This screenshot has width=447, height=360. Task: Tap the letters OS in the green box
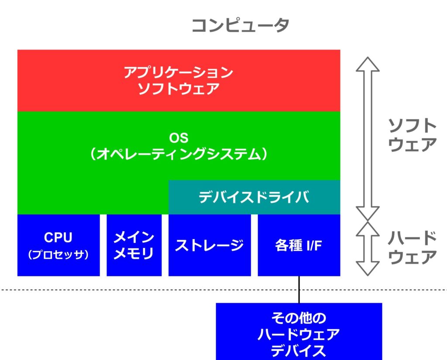point(179,138)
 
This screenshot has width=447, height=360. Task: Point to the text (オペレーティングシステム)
point(179,154)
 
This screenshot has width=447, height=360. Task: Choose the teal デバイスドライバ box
point(254,198)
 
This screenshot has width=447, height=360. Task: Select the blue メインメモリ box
point(134,245)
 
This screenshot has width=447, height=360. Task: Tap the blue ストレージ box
point(210,245)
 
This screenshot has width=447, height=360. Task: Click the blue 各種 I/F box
point(299,245)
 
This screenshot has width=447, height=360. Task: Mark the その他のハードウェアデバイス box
point(299,332)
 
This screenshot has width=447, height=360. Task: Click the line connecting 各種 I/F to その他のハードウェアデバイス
point(299,289)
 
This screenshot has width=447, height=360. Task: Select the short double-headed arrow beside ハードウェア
point(368,248)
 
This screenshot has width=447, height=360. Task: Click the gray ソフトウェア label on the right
point(412,135)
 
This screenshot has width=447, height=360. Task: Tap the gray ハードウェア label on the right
point(412,247)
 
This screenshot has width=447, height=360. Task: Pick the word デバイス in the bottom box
point(299,350)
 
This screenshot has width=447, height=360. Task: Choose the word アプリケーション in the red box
point(178,72)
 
